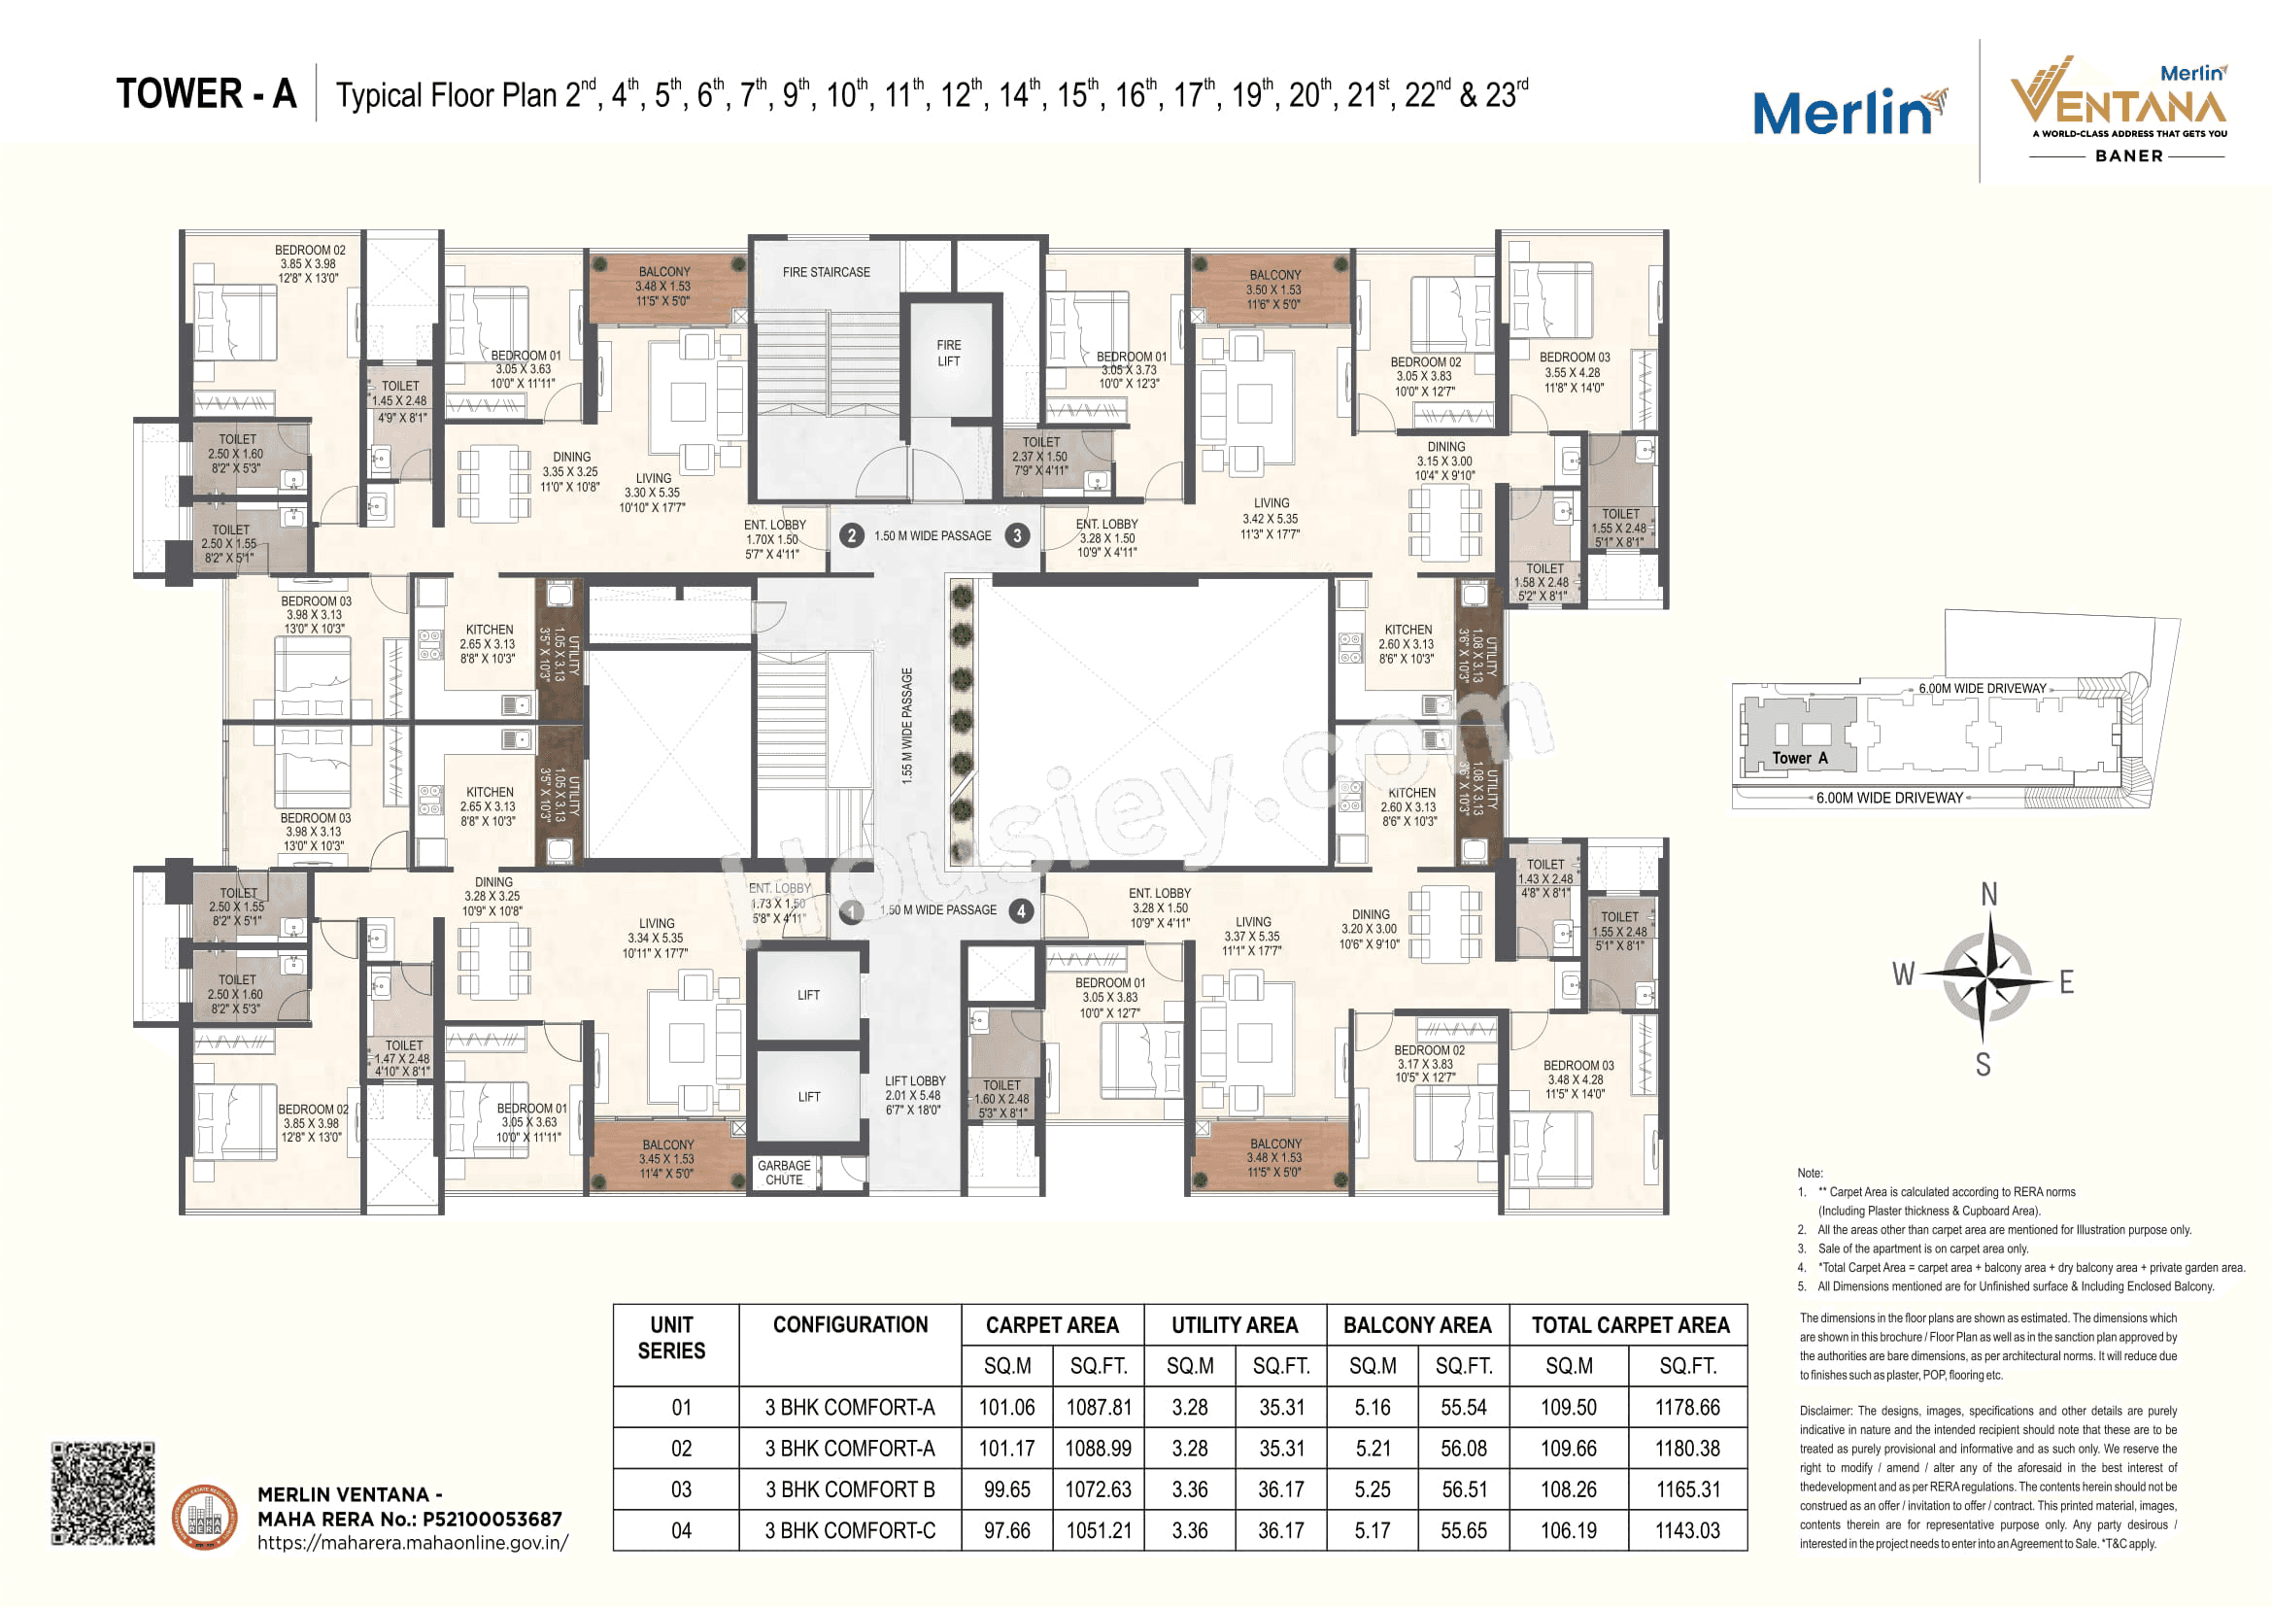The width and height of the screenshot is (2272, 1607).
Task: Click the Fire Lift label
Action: coord(948,354)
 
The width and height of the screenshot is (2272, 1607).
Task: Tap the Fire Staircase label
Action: coord(827,272)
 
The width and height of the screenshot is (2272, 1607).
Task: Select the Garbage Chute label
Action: coord(784,1173)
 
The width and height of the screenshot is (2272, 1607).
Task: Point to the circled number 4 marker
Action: coord(1021,910)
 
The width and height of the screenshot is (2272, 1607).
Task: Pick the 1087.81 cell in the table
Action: coord(1099,1407)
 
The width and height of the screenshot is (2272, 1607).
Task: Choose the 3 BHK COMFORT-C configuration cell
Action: coord(849,1531)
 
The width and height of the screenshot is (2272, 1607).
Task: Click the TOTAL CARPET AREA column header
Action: coord(1630,1325)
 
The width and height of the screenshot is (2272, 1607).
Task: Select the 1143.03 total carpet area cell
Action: coord(1687,1531)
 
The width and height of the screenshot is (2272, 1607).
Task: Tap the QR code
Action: coord(103,1493)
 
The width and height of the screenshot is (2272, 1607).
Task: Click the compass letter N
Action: coord(1988,895)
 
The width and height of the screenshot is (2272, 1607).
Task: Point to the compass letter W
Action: coord(1903,974)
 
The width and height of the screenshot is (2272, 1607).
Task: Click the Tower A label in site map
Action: coord(1799,758)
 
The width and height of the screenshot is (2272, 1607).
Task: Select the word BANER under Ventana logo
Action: coord(2128,156)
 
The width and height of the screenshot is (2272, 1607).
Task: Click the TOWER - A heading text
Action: coord(206,94)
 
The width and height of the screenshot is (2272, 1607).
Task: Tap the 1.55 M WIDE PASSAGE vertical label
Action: coord(907,727)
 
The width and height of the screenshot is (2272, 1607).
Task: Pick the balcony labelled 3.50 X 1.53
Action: coord(1273,290)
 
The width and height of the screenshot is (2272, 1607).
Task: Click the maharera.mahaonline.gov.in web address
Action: coord(413,1543)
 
